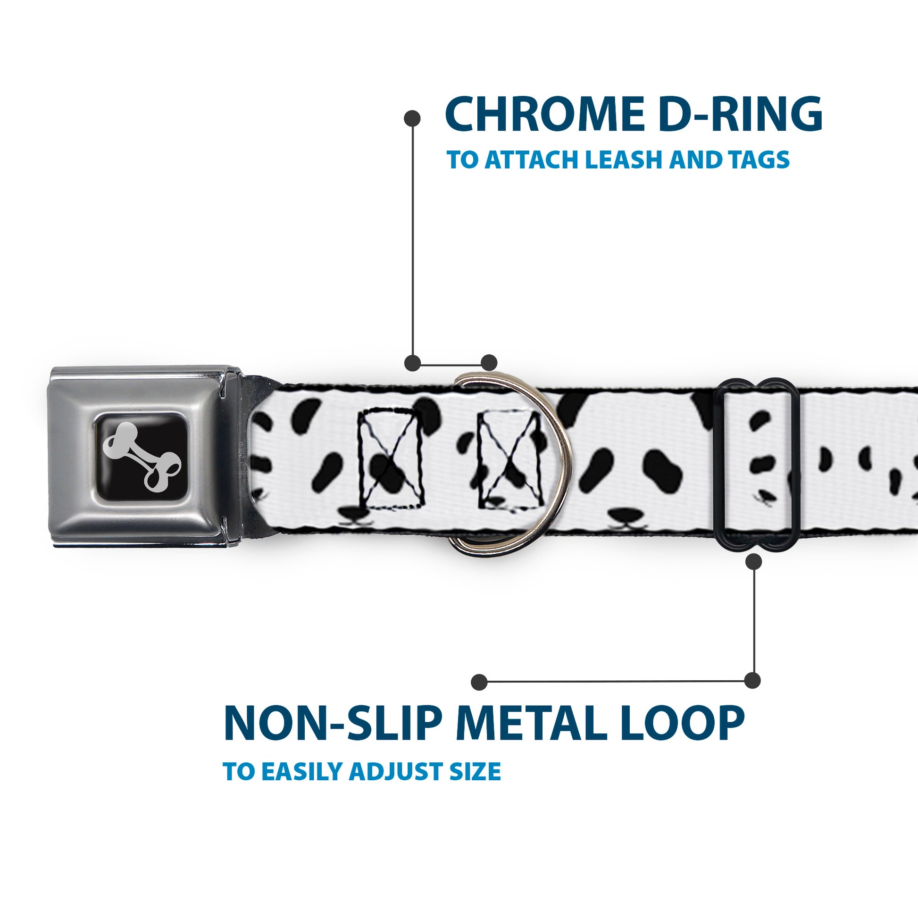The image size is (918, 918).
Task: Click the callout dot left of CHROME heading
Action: point(412,118)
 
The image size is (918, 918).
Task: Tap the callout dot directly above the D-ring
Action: point(489,362)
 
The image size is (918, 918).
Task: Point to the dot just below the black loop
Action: point(753,562)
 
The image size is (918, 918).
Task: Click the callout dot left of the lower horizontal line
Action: point(479,682)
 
